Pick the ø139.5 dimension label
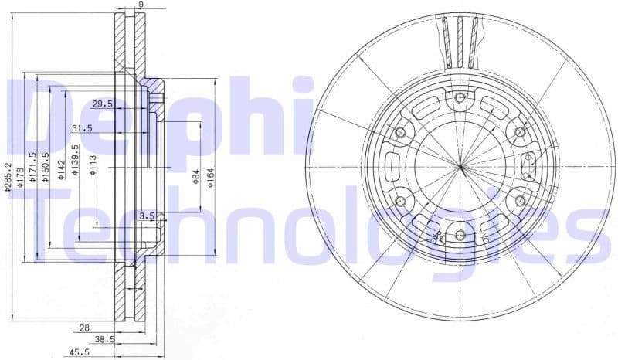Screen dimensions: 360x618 click(x=74, y=160)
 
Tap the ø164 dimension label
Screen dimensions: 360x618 click(x=210, y=177)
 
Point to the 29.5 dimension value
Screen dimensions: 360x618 click(x=102, y=104)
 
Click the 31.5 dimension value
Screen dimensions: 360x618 click(x=82, y=128)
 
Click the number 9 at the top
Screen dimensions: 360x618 click(x=140, y=5)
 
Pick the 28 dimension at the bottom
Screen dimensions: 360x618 click(x=84, y=328)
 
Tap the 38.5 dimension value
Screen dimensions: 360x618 click(x=104, y=339)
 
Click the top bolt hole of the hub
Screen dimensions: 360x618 click(x=460, y=97)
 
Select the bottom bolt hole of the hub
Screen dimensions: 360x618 click(x=460, y=236)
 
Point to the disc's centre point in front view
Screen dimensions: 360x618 click(x=460, y=166)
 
